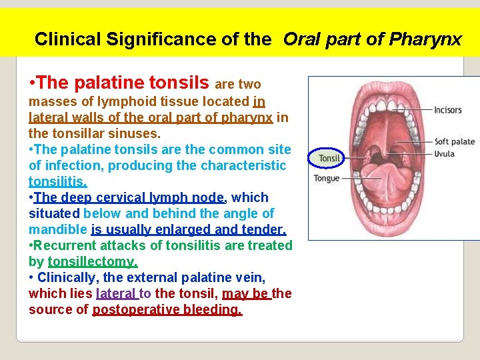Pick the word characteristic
[226, 165]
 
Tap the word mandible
[58, 229]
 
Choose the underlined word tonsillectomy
[93, 261]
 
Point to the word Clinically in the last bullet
[69, 277]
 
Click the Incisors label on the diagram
[447, 110]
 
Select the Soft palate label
[455, 141]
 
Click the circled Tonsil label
[329, 158]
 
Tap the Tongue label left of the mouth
[327, 178]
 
